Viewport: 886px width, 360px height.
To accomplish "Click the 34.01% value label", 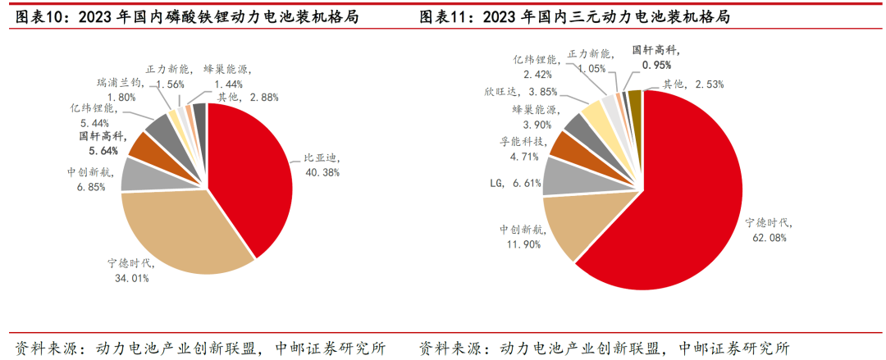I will tap(131, 277).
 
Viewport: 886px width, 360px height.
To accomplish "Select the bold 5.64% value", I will tap(98, 150).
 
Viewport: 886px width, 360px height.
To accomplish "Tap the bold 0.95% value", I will tap(656, 64).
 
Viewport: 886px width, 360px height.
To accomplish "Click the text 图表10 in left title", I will tap(34, 16).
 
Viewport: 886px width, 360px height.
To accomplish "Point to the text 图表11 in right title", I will tap(436, 16).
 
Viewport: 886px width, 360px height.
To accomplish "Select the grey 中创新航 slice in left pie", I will tap(137, 174).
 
